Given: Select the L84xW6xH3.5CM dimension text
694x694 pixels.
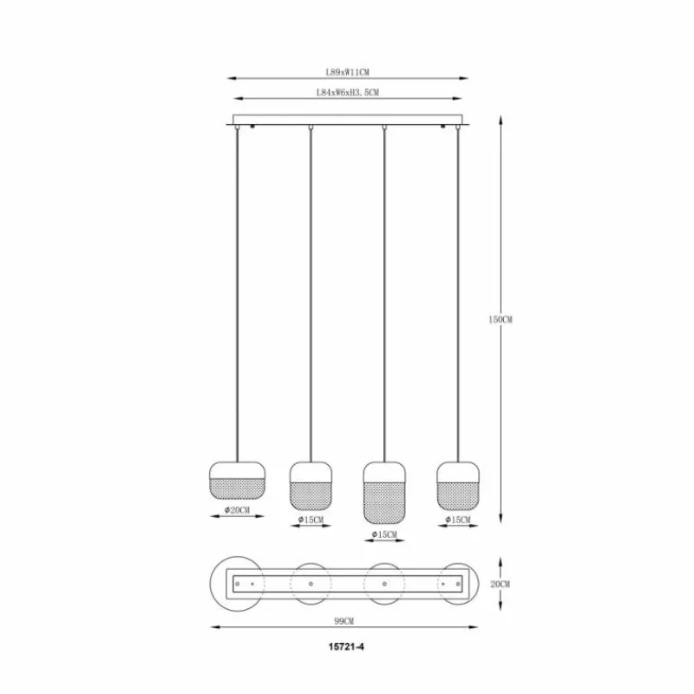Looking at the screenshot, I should pos(347,92).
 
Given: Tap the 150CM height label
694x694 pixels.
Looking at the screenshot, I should pos(500,319).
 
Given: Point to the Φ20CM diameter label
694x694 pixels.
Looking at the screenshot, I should pos(237,510).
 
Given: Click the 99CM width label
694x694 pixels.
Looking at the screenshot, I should pos(344,621).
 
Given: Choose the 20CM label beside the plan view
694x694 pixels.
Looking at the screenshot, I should pos(500,585).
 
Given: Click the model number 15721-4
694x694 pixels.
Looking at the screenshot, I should pos(346,647).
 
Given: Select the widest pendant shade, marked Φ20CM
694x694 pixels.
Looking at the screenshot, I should pos(237,478).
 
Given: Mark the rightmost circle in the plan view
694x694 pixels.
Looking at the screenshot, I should pos(457,584).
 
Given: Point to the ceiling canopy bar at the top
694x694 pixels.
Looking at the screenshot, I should pos(347,120).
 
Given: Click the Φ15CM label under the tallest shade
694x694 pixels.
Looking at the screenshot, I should pos(383,534).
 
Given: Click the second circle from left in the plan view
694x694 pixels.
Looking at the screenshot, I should pos(311,584).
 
